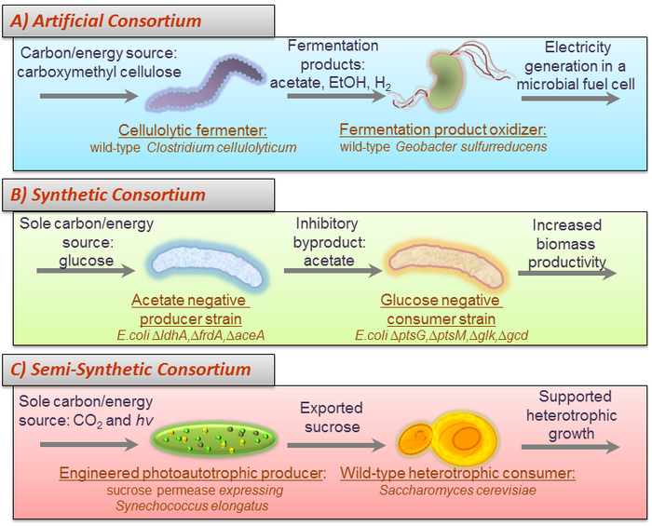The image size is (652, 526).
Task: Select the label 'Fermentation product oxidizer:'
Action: point(441,129)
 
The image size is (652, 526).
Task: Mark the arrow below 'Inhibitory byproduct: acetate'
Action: point(332,272)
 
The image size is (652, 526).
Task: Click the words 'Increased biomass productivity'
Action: point(567,244)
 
